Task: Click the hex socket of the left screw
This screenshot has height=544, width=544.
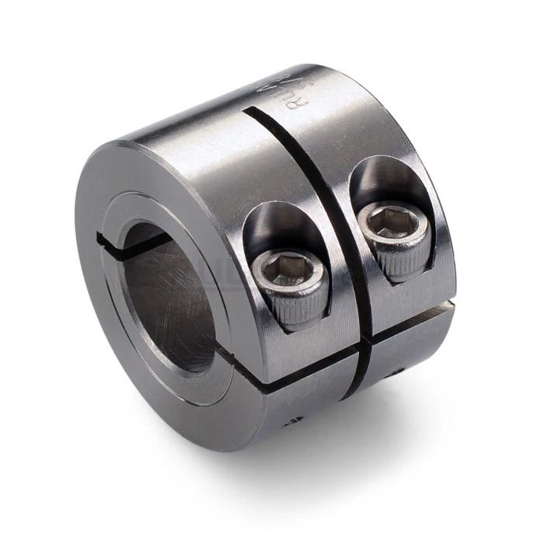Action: [283, 271]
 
